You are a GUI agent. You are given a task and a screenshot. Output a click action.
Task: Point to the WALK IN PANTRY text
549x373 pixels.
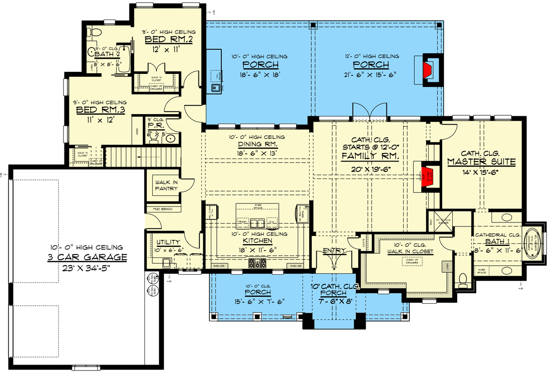pos(166,186)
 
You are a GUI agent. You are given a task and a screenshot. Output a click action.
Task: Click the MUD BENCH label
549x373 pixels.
pos(163,209)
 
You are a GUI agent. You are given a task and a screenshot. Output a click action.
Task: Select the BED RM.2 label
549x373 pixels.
pos(162,39)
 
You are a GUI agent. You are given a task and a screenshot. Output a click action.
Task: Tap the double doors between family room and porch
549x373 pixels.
pos(370,111)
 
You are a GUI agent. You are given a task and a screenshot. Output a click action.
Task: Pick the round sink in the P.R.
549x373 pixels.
pos(170,139)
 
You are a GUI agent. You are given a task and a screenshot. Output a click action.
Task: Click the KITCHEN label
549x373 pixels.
pos(258,241)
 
